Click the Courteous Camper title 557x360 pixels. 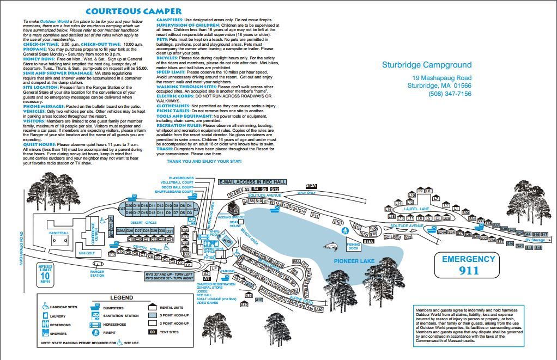point(133,11)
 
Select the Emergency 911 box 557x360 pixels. point(468,265)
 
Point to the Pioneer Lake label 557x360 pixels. point(354,261)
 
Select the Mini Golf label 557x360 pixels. point(87,253)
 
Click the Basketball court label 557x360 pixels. point(59,233)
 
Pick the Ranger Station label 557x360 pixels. point(97,273)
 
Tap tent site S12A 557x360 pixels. point(311,186)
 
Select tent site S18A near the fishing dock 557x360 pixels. point(368,241)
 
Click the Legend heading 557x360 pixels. point(121,297)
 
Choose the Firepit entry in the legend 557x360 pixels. point(111,332)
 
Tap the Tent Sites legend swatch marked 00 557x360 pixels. point(153,332)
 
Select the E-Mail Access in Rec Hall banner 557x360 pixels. point(252,182)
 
